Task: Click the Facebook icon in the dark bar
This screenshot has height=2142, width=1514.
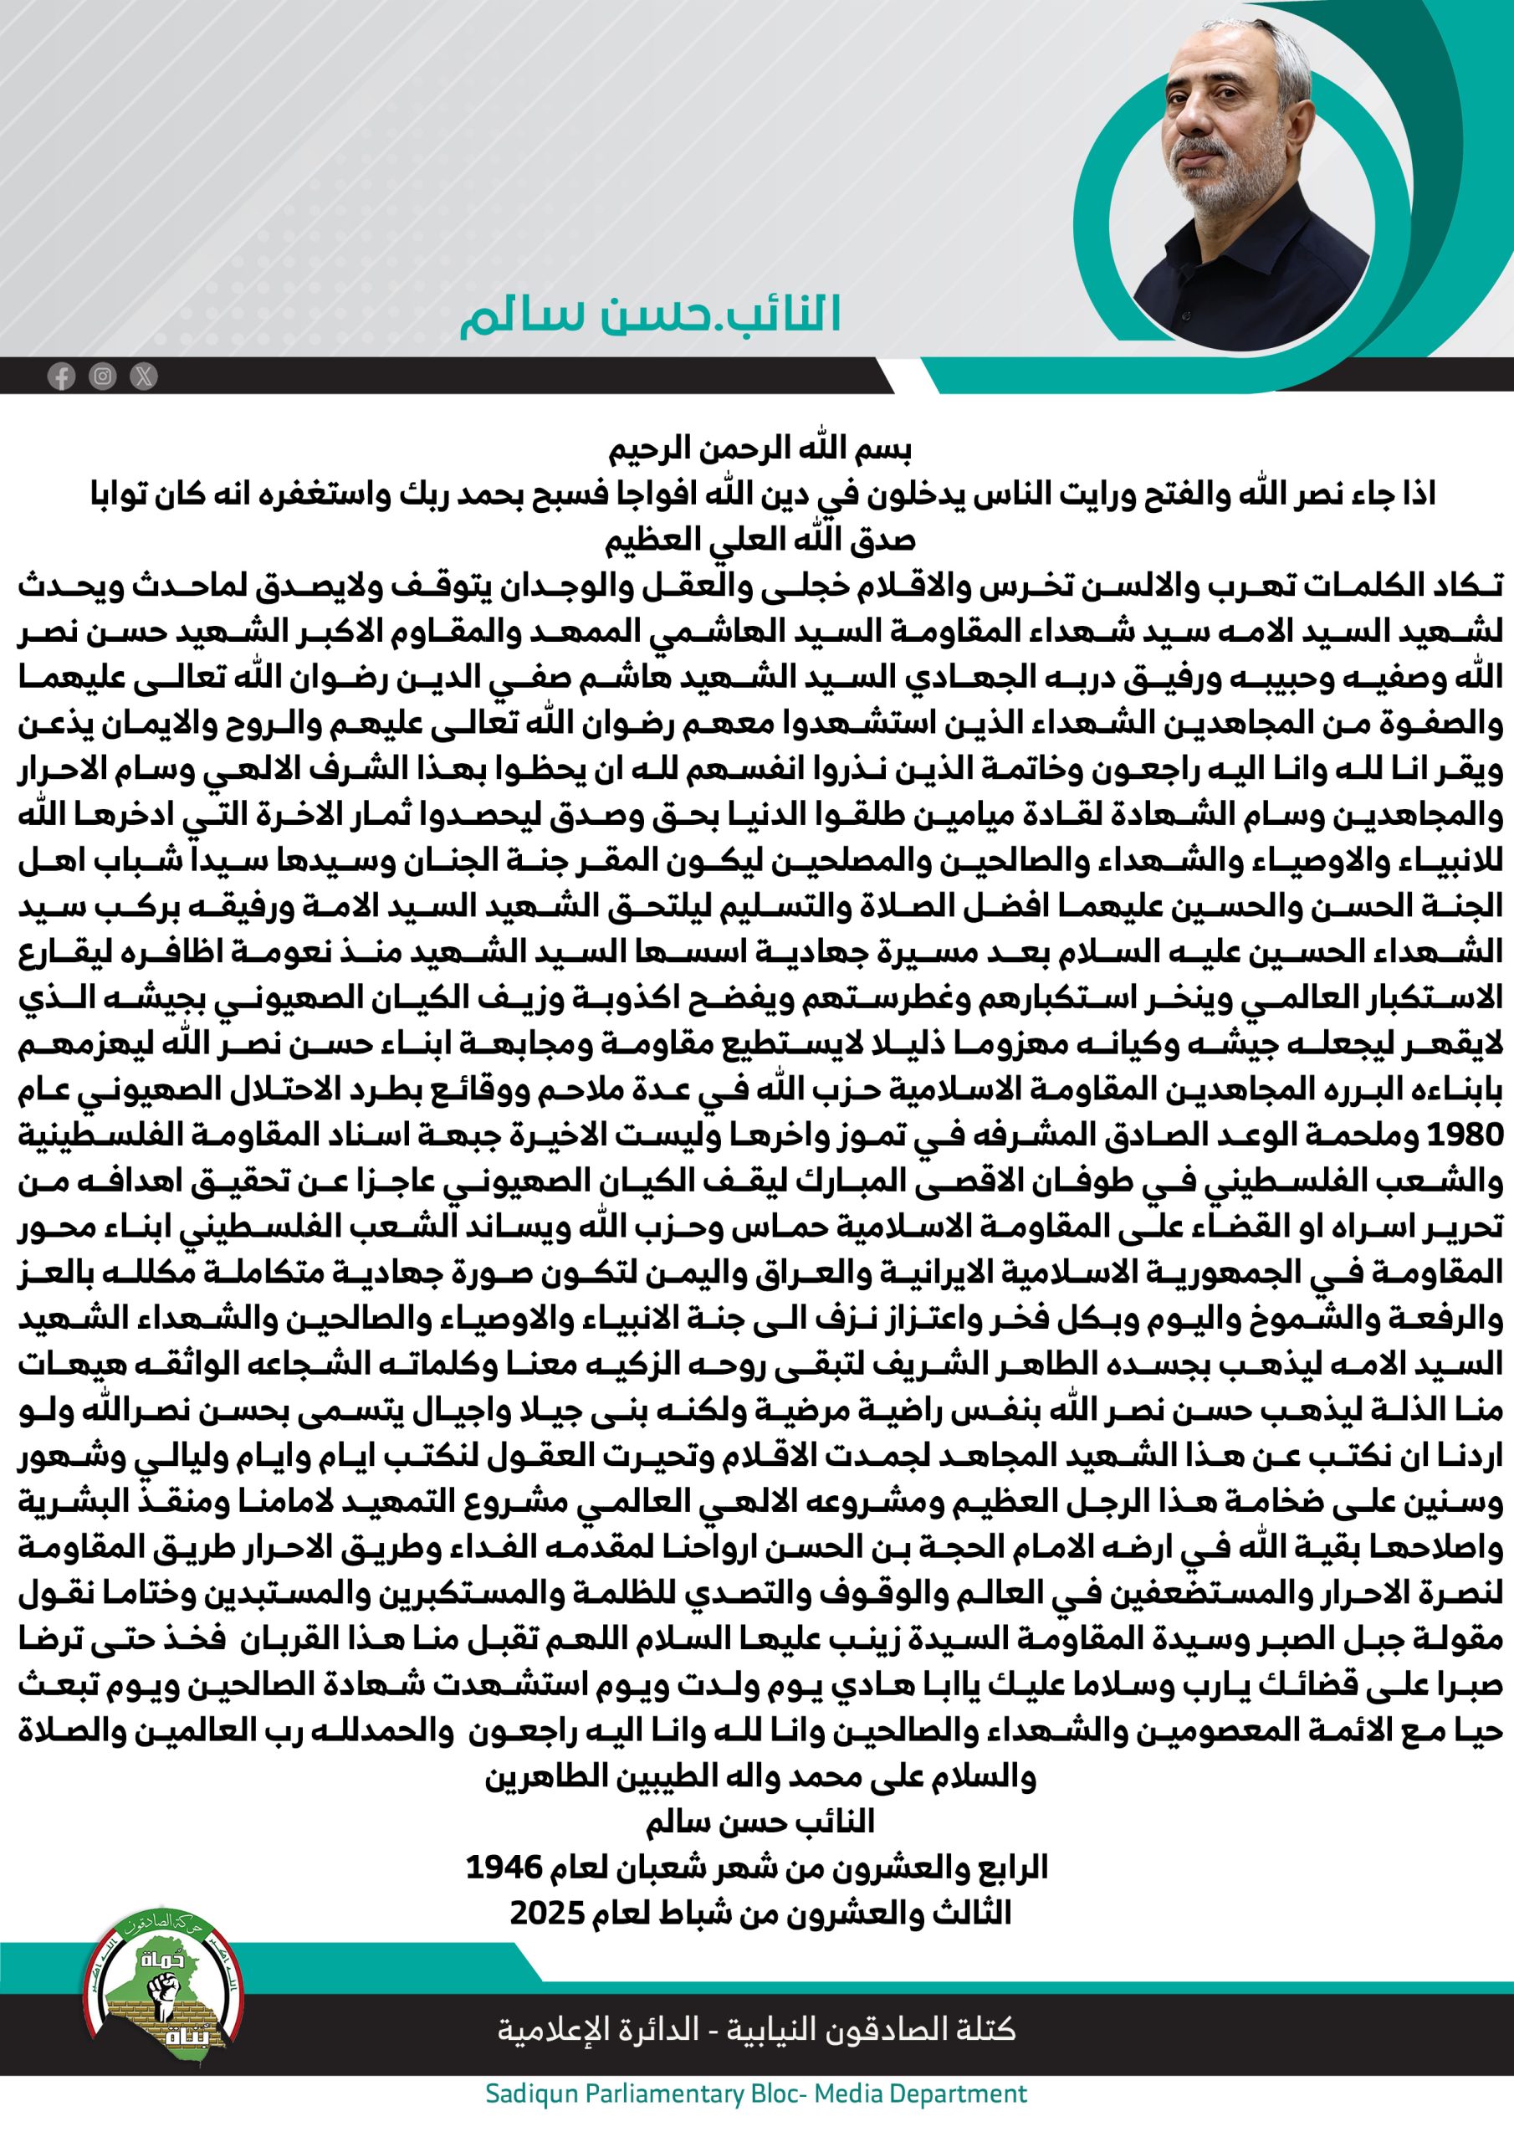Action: (62, 377)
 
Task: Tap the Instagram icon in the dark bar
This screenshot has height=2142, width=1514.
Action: (103, 376)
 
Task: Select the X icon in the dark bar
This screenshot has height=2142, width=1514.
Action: (144, 376)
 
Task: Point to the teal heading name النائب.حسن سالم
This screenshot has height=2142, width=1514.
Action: (650, 315)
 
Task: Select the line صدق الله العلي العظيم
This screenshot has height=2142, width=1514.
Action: (760, 541)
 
